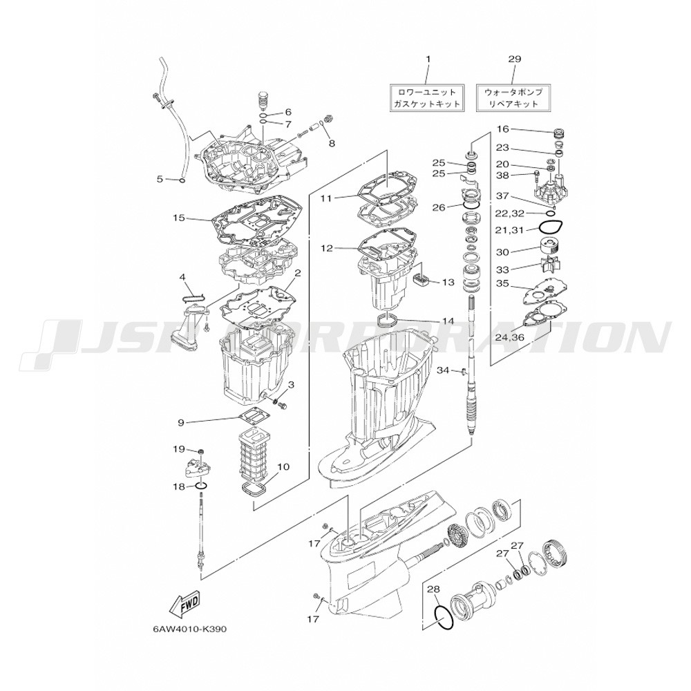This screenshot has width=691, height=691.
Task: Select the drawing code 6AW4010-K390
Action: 189,630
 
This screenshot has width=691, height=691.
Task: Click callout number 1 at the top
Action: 428,59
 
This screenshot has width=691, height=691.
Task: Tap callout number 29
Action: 515,59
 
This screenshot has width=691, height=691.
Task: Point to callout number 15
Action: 179,218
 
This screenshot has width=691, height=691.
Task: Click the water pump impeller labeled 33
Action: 550,266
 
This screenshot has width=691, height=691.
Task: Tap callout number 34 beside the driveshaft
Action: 442,371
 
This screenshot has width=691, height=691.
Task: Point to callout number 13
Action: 449,282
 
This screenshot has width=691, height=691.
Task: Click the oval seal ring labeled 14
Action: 388,319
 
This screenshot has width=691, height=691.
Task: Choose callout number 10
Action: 283,466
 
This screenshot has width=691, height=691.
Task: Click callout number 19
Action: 179,449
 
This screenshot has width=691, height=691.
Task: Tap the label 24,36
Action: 509,337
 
